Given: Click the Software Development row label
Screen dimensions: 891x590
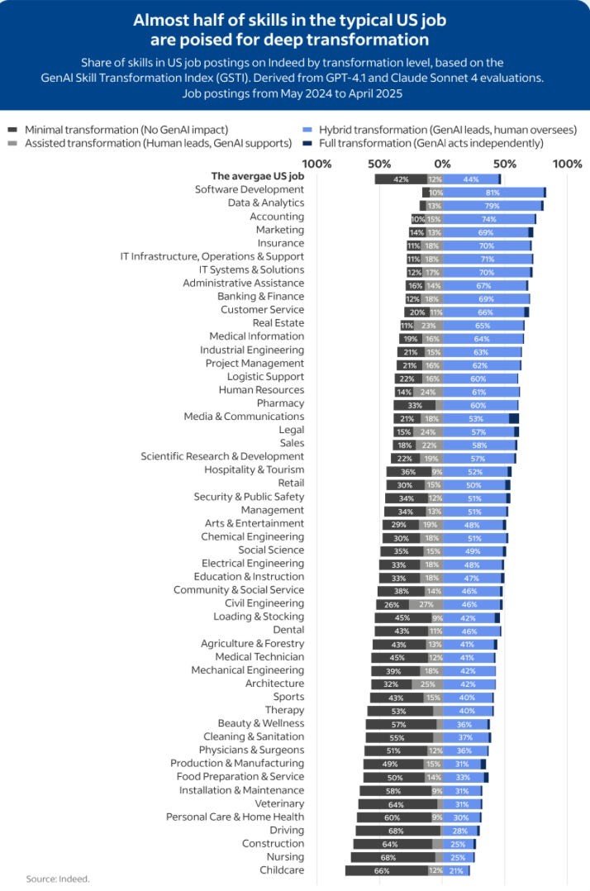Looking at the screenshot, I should pyautogui.click(x=249, y=189).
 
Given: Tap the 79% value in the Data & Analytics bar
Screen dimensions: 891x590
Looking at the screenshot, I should pyautogui.click(x=492, y=206).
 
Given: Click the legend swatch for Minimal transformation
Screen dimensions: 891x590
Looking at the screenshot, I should pyautogui.click(x=13, y=130).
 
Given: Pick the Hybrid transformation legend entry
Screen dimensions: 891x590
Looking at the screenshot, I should pyautogui.click(x=439, y=130).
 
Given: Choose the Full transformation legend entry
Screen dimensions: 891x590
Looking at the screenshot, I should pyautogui.click(x=434, y=143).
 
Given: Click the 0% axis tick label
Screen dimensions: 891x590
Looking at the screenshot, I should pyautogui.click(x=443, y=164).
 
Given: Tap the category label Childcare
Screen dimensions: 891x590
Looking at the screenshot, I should pyautogui.click(x=282, y=870).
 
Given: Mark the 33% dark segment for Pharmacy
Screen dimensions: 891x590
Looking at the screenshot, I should pyautogui.click(x=414, y=406).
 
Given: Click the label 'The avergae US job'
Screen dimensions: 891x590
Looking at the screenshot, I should pyautogui.click(x=258, y=176).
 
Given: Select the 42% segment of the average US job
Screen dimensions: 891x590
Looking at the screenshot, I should pyautogui.click(x=401, y=179).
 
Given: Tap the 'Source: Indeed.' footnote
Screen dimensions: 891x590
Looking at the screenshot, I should pyautogui.click(x=57, y=879).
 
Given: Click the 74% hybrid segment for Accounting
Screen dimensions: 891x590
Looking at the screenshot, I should pyautogui.click(x=488, y=219).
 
